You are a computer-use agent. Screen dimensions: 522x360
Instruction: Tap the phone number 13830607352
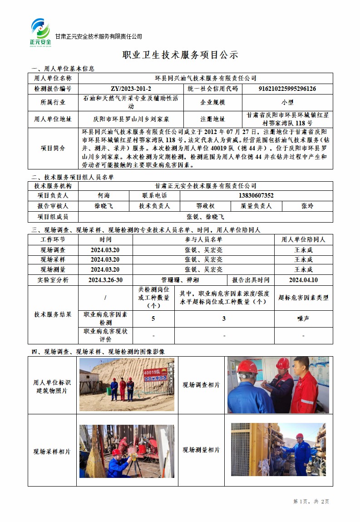tap(256, 195)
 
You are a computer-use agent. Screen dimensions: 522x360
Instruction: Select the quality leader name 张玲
tap(307, 206)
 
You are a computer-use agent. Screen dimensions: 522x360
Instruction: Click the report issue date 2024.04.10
tap(303, 280)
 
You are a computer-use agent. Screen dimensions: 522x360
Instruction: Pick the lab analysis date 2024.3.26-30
tap(105, 280)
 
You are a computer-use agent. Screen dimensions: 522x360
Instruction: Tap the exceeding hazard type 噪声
tap(303, 318)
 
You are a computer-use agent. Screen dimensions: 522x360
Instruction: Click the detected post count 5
tap(153, 318)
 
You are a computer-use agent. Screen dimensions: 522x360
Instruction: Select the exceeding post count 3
tap(224, 318)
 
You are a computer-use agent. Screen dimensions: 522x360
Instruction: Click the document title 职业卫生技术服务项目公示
tap(180, 55)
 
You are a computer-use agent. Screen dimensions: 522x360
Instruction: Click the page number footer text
tap(311, 501)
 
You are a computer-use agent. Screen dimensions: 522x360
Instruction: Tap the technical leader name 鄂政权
tap(205, 206)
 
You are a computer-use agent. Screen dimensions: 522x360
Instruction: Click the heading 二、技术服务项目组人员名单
tap(73, 177)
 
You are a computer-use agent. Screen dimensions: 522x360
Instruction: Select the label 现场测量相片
tap(201, 450)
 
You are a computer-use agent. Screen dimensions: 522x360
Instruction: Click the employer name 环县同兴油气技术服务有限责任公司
tap(206, 78)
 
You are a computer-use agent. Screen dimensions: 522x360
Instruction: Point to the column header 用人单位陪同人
tap(303, 239)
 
